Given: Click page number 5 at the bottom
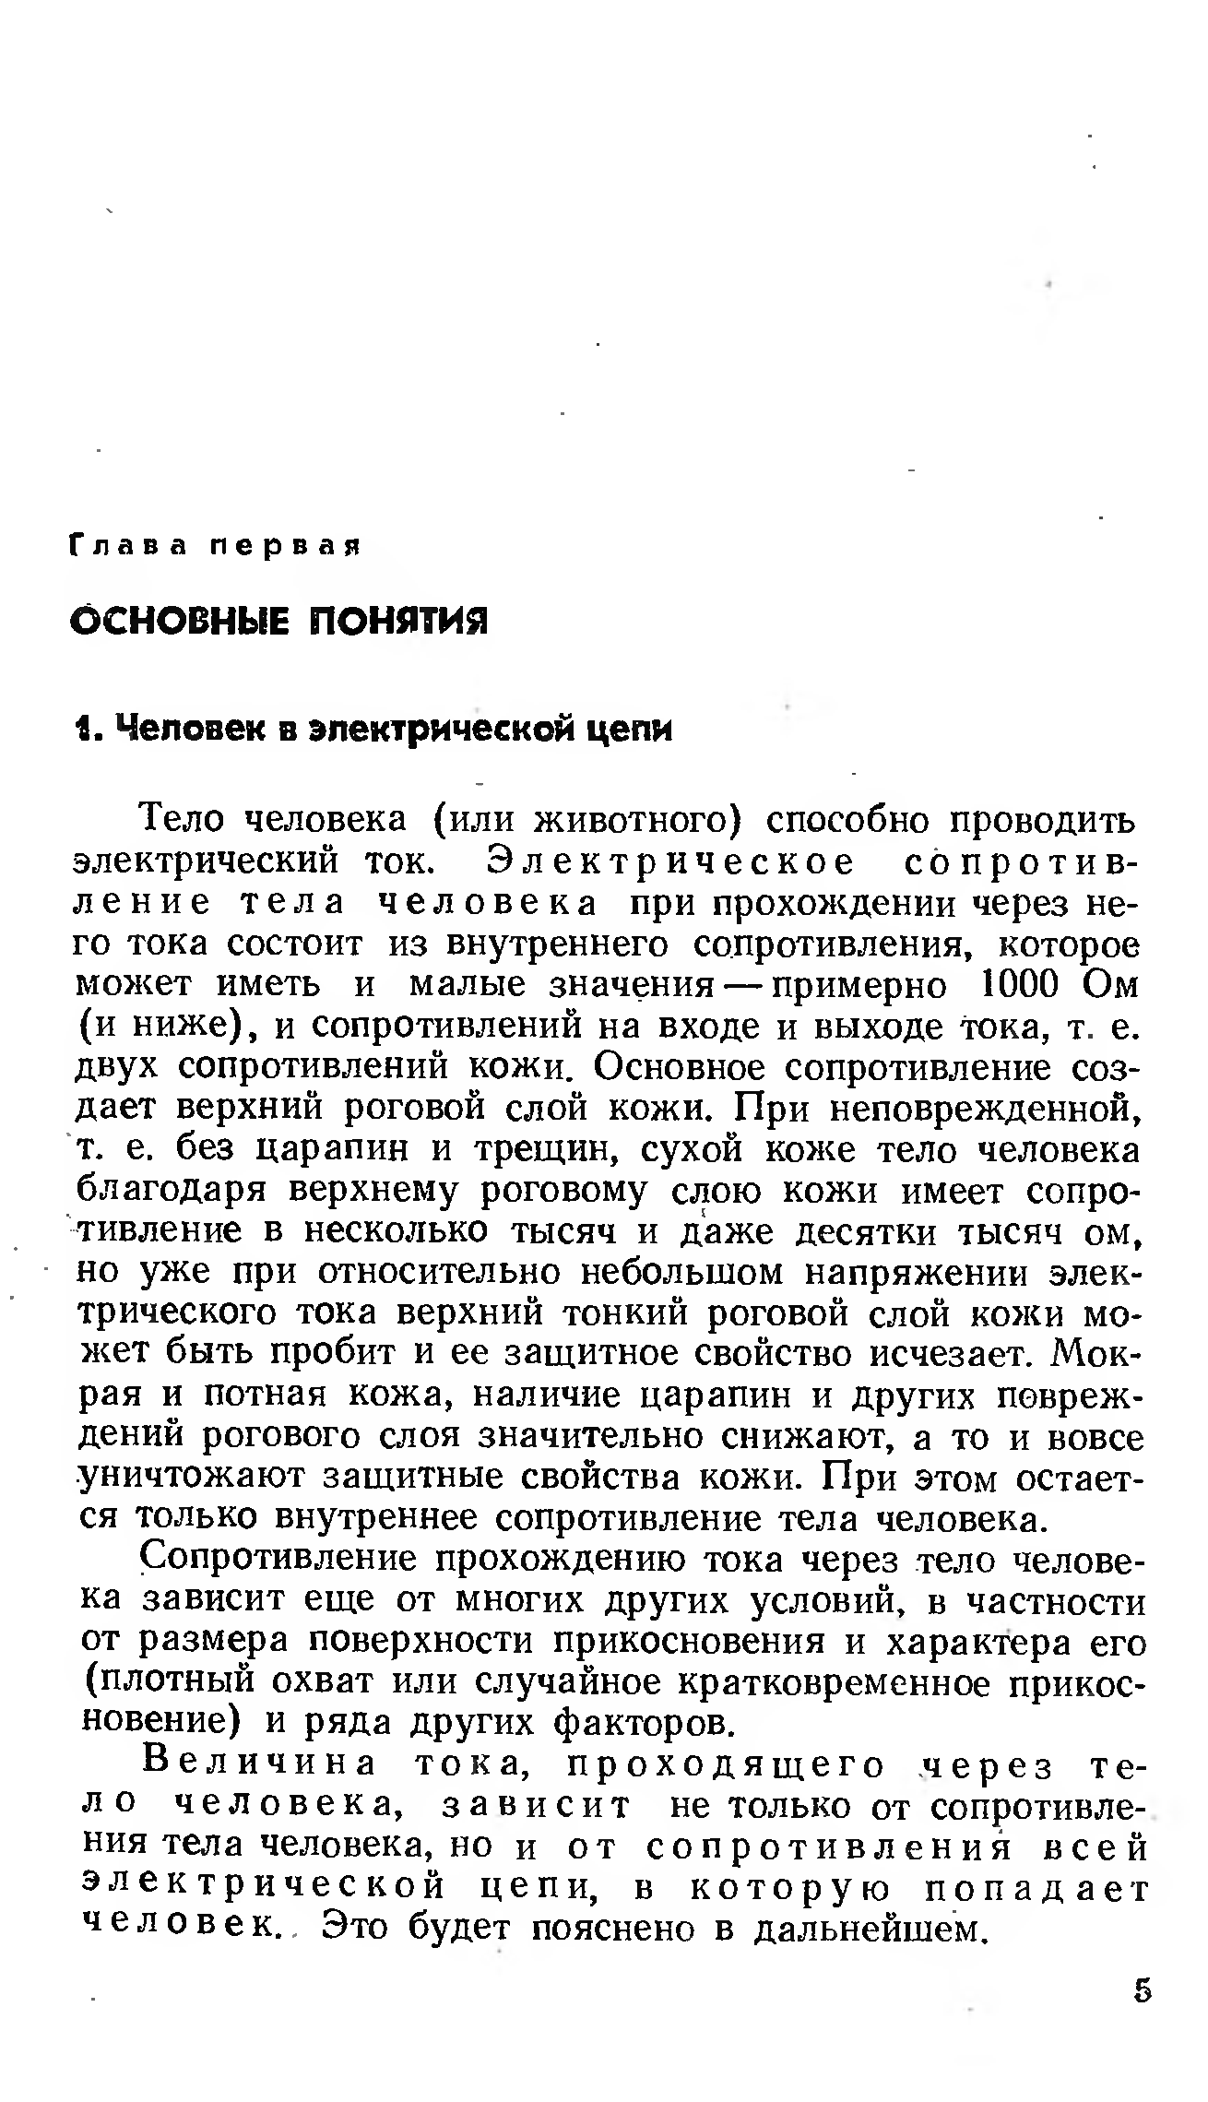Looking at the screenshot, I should pos(1142,1989).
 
